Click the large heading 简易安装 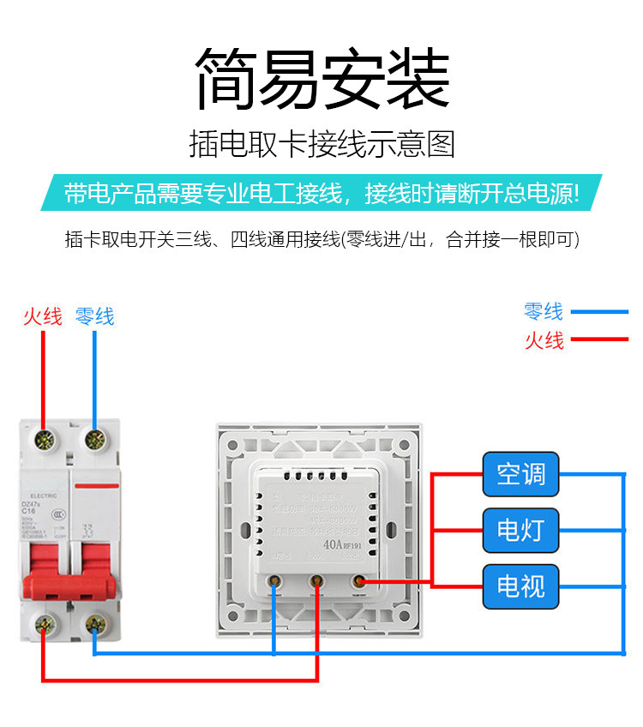[x=321, y=79]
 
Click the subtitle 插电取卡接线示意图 [x=321, y=144]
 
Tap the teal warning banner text [x=321, y=193]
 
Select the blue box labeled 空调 [x=520, y=473]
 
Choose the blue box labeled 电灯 [x=520, y=530]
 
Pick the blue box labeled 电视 [x=520, y=586]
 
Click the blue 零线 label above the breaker [x=94, y=317]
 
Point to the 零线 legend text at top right [x=544, y=311]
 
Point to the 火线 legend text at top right [x=544, y=340]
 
